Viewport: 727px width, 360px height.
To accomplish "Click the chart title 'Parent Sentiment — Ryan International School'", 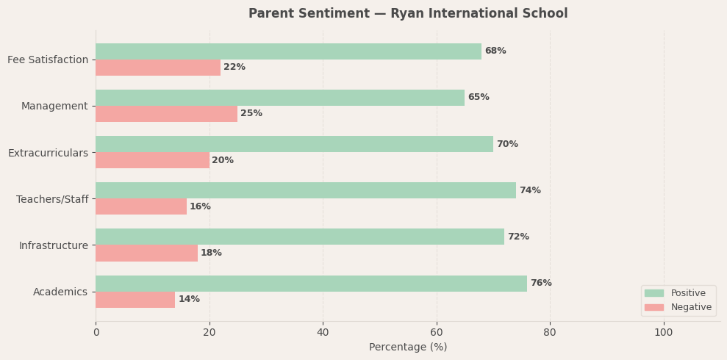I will (408, 14).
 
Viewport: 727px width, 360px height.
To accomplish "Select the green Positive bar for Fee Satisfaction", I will (288, 51).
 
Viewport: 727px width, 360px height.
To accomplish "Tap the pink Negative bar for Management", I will (166, 114).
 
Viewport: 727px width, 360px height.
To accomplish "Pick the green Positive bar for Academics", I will (311, 284).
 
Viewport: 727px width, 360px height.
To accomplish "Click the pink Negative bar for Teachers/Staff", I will (141, 206).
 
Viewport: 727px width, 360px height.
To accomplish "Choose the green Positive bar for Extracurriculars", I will (294, 144).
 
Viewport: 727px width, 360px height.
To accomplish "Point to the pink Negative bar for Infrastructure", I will (146, 253).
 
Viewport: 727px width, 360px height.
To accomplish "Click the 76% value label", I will (541, 284).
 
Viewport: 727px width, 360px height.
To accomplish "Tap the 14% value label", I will (189, 300).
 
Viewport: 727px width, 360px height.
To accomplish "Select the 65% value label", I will (479, 98).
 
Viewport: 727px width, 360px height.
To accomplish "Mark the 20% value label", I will (223, 160).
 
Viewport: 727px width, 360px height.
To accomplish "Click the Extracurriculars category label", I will (48, 153).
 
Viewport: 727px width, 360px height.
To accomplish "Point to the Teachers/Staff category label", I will (52, 199).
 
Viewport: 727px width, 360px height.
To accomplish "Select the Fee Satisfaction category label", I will (48, 60).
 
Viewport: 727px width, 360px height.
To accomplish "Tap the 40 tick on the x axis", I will (323, 333).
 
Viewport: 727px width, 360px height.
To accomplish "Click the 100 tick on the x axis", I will (664, 333).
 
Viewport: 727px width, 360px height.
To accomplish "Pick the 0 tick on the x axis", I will (96, 333).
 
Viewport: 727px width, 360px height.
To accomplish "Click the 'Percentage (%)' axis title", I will (408, 348).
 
